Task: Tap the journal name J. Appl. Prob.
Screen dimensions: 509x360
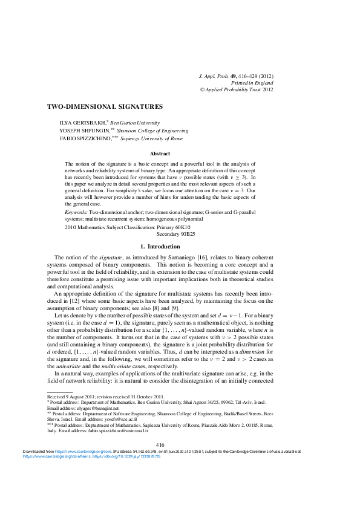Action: click(213, 77)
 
